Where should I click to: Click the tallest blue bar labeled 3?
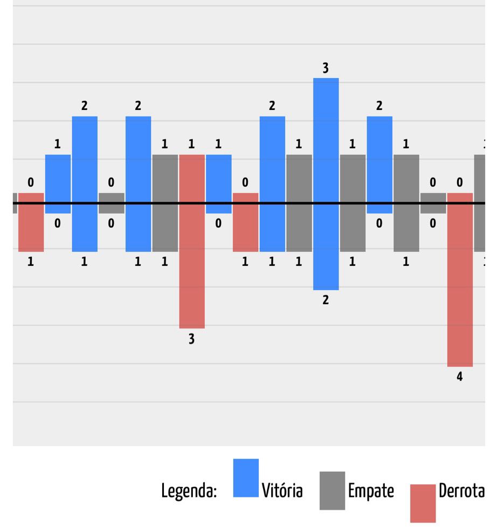[x=326, y=183]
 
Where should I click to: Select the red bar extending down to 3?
[x=192, y=241]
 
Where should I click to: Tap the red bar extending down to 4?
[x=460, y=279]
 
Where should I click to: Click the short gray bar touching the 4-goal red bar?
[x=433, y=203]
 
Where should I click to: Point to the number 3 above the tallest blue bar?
[x=326, y=68]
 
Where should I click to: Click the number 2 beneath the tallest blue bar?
[x=326, y=300]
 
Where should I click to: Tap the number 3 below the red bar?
[x=192, y=339]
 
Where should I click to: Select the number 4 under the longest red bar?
[x=460, y=377]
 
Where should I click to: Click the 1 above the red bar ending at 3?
[x=192, y=145]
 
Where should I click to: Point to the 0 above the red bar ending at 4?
[x=460, y=183]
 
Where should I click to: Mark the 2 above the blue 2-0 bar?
[x=379, y=106]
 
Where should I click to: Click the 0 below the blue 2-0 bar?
[x=379, y=223]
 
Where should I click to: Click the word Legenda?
[x=189, y=491]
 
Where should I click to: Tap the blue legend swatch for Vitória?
[x=246, y=477]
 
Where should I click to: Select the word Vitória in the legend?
[x=282, y=491]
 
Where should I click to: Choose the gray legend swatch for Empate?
[x=332, y=490]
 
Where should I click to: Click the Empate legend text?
[x=371, y=491]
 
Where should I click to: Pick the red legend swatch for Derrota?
[x=423, y=503]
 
